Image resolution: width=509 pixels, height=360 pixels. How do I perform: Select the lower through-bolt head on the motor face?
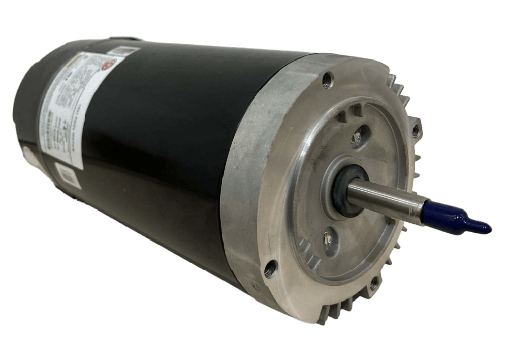coord(327,237)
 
